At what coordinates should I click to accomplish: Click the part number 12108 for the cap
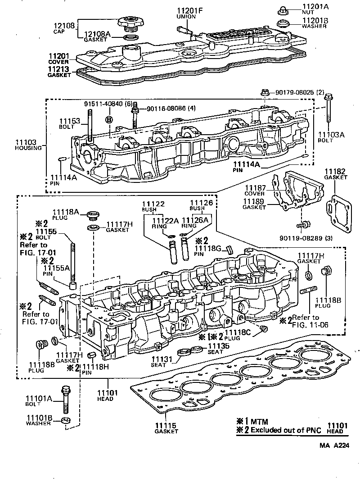65,26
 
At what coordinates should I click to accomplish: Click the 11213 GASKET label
59,72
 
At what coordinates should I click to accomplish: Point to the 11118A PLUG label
66,214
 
